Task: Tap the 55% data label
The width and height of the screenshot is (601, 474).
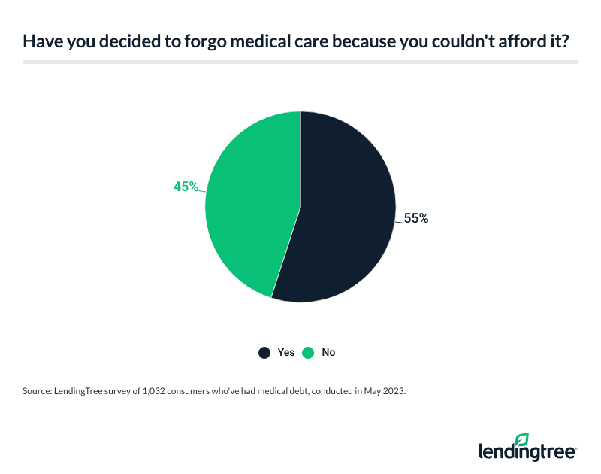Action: pos(415,219)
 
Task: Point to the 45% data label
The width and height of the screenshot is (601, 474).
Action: pos(186,187)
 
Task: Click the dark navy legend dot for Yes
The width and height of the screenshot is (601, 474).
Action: pos(264,352)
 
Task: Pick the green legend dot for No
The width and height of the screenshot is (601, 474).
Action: pos(307,352)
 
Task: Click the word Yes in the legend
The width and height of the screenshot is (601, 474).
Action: pos(285,352)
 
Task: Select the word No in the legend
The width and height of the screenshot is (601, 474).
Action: pos(328,352)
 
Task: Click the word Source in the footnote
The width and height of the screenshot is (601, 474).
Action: pos(39,393)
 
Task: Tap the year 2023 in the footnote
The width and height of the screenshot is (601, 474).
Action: pos(394,393)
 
